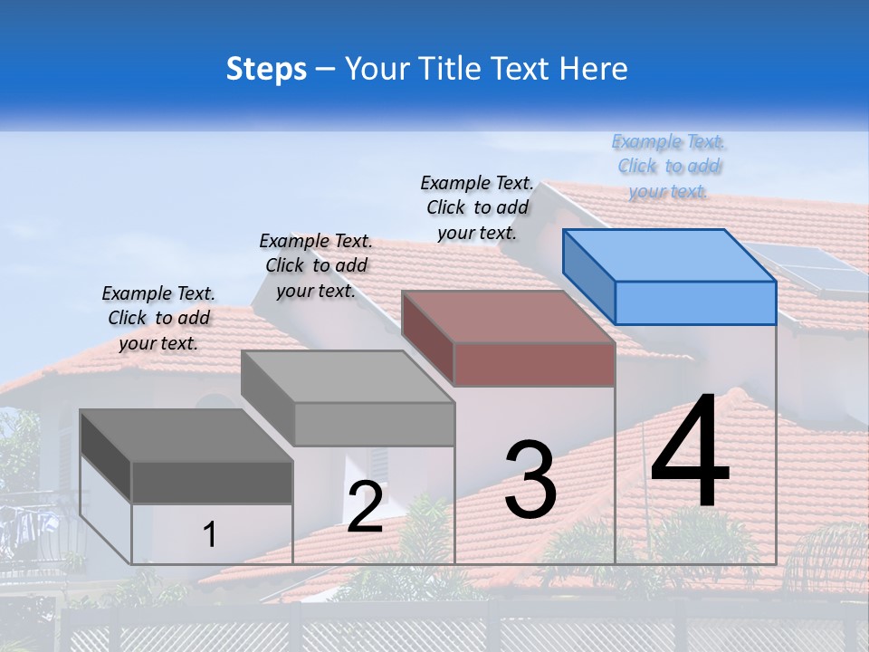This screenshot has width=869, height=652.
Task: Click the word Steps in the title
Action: (x=266, y=70)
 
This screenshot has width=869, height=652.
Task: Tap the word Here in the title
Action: (x=593, y=70)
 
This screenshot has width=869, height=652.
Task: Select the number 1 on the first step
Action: (x=210, y=534)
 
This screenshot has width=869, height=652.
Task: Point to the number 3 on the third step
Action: (x=530, y=480)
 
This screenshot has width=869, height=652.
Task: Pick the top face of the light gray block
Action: (x=348, y=377)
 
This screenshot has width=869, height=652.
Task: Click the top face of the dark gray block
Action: (x=186, y=436)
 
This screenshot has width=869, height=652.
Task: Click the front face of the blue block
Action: (x=695, y=302)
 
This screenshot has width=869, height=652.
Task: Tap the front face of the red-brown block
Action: (x=534, y=364)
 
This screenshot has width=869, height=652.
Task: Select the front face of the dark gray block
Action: (x=212, y=483)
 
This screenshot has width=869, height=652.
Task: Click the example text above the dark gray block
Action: (x=158, y=318)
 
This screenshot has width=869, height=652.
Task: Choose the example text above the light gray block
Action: (x=316, y=265)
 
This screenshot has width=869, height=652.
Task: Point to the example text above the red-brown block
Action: (x=477, y=207)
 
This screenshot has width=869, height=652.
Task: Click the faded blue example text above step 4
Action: (x=669, y=166)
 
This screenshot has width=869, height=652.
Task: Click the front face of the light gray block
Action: (x=374, y=424)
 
